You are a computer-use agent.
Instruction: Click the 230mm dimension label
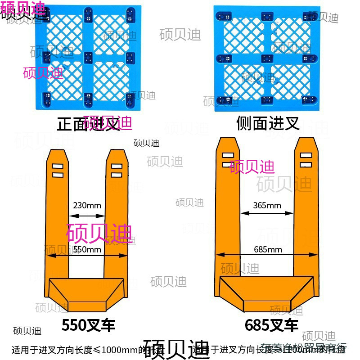click(87, 206)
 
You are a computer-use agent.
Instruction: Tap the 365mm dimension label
click(267, 206)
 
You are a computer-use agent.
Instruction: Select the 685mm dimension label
click(268, 249)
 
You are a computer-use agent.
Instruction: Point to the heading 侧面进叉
click(268, 123)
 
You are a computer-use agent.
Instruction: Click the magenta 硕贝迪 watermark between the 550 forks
click(99, 233)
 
